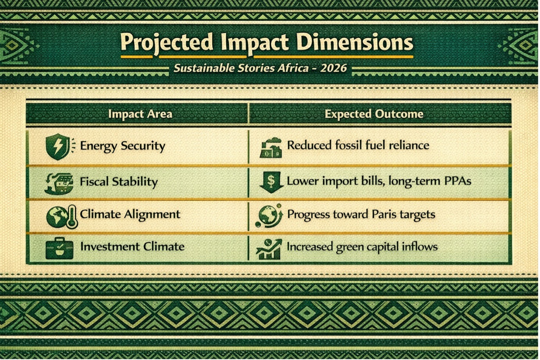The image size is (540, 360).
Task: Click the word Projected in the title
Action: [167, 43]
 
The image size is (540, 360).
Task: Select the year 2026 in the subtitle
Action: [333, 68]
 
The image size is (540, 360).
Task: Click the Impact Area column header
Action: [140, 114]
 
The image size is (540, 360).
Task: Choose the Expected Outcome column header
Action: [374, 114]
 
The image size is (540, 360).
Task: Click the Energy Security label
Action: [123, 146]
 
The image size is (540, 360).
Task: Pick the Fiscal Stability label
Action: [119, 182]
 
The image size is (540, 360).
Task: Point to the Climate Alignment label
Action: [130, 214]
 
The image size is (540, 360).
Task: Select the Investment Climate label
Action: [132, 247]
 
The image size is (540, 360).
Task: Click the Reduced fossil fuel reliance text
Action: [358, 145]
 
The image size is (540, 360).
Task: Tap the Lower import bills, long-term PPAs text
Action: [379, 182]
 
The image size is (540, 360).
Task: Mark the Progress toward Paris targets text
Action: [361, 214]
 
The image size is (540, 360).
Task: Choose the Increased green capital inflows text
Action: [362, 247]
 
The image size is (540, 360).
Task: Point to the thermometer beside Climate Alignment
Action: [72, 217]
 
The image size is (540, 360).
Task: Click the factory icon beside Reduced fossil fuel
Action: [271, 148]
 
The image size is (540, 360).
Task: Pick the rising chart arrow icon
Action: [269, 249]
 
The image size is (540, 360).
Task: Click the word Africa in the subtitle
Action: [293, 68]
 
